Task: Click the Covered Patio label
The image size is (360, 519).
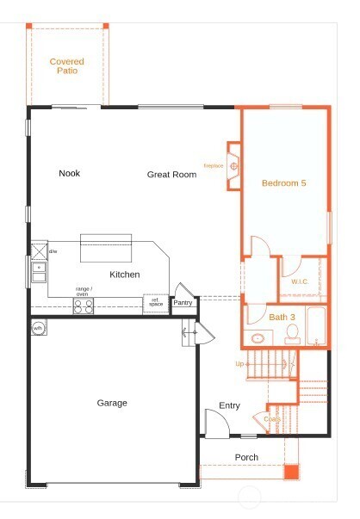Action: tap(66, 65)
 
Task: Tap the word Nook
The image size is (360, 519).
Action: tap(69, 173)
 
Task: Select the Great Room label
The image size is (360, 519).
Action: tap(171, 175)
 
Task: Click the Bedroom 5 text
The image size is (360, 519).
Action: tap(283, 182)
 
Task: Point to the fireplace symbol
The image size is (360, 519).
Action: tap(233, 165)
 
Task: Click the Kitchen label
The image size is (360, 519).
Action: tap(124, 275)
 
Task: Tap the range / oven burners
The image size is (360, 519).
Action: tap(83, 306)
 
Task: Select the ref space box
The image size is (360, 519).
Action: tap(155, 304)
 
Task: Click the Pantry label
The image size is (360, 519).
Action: tap(183, 302)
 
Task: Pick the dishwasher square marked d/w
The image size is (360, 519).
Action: tap(38, 251)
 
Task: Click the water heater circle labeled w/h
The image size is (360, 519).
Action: tap(39, 329)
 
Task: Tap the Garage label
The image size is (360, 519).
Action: tap(112, 403)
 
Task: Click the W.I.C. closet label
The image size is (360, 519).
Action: tap(300, 281)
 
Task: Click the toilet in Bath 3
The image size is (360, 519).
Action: tap(292, 336)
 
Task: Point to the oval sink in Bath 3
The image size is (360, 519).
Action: tap(257, 337)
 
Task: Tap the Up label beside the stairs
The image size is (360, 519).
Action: tap(239, 363)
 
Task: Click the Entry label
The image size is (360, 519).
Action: tap(229, 405)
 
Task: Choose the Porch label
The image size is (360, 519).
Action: tap(246, 457)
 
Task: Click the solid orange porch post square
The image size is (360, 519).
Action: tap(291, 472)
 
